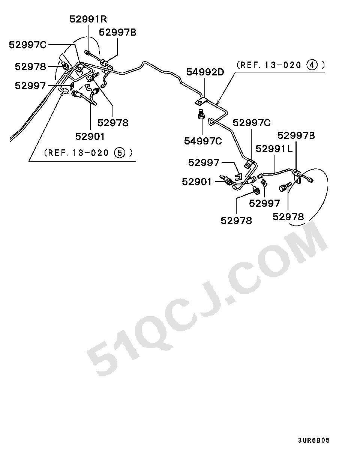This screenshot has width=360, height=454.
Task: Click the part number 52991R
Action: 88,19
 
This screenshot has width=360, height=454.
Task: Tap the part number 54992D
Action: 205,72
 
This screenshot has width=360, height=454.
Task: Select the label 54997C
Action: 203,141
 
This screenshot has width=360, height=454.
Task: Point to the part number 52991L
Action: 274,149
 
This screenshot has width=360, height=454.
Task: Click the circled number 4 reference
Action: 312,65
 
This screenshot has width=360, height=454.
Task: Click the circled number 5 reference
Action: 120,153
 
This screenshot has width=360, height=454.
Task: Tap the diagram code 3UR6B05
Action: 314,440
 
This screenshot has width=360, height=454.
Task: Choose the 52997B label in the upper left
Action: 118,33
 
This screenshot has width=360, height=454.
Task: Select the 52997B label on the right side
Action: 296,135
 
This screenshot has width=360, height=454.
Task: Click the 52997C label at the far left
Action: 28,45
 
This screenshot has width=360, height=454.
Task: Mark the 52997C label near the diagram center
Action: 252,123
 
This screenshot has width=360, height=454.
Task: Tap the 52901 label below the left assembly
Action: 90,137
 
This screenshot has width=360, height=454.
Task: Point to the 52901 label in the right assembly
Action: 196,182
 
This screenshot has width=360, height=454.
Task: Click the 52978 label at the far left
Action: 30,67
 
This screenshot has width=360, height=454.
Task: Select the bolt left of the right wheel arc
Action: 285,186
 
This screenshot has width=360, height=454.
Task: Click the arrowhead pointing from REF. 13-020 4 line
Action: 217,103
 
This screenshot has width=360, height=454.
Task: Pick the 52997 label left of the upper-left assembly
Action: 30,86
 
